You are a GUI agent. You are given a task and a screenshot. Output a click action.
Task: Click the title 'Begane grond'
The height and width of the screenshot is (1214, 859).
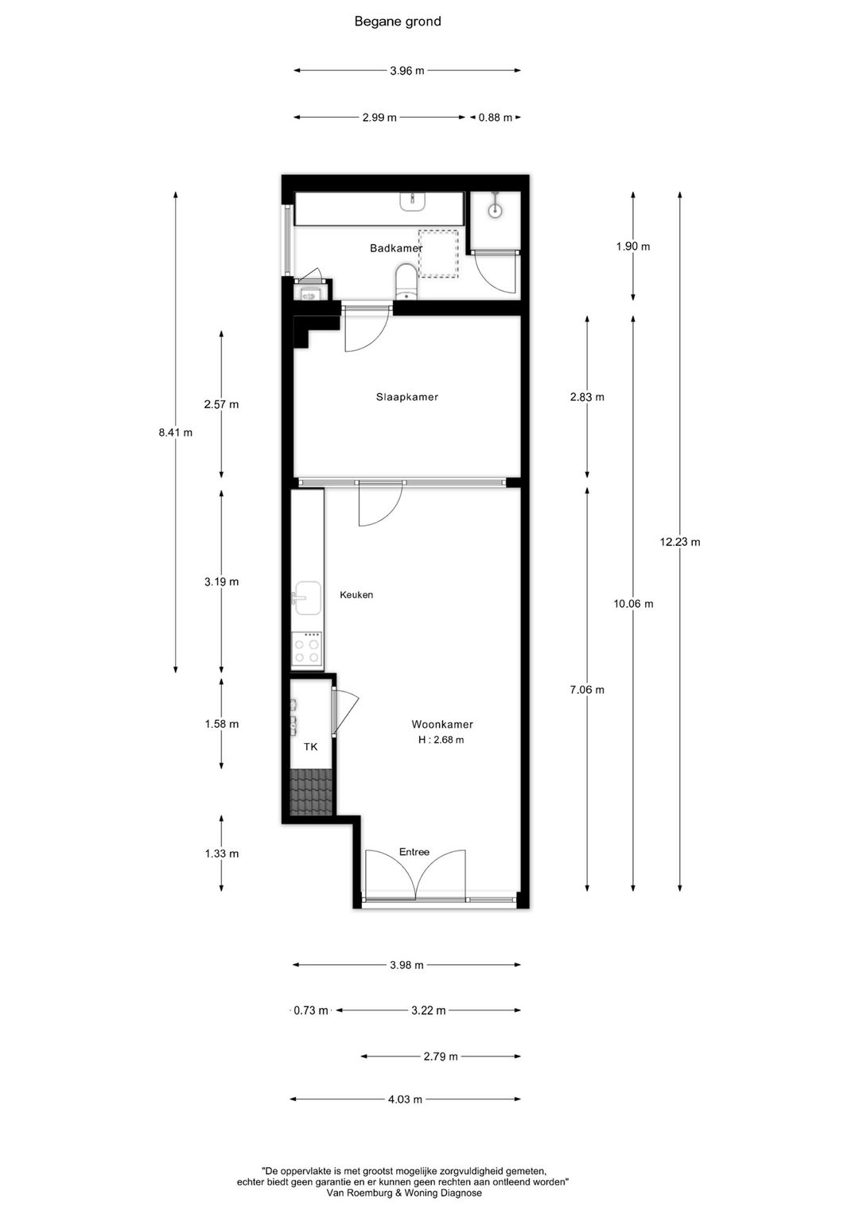click(x=398, y=21)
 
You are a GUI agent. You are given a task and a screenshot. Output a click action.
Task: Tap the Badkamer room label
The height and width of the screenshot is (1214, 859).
click(x=395, y=248)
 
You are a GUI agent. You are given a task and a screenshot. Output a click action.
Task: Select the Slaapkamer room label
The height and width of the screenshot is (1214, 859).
click(x=406, y=397)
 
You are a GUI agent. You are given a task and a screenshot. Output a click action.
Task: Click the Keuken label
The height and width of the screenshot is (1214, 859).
click(x=356, y=595)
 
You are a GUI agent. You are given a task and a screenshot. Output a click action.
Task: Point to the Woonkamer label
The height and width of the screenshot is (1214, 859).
click(x=441, y=725)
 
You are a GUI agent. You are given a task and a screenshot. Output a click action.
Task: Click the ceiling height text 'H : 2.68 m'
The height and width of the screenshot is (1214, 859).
click(x=441, y=740)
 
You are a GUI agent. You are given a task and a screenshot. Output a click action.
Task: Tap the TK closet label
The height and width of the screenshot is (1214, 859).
click(x=310, y=747)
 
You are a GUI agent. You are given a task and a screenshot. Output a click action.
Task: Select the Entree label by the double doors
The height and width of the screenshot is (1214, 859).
click(x=414, y=852)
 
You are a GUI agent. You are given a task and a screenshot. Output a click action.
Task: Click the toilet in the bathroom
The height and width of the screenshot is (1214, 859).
click(x=406, y=282)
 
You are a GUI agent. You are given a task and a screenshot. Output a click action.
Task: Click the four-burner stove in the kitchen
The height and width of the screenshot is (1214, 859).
click(x=307, y=648)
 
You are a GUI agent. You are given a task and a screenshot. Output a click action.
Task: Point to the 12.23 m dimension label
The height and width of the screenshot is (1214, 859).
click(x=680, y=543)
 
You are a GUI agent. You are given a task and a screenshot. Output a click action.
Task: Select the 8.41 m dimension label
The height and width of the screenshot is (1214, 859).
click(x=176, y=433)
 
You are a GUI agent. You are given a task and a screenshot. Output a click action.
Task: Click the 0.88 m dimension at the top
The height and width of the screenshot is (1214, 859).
click(x=495, y=118)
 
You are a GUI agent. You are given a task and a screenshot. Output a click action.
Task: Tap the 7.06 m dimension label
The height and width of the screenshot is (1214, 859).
click(x=587, y=690)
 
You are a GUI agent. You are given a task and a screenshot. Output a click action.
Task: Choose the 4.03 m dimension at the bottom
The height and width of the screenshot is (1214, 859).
click(x=405, y=1099)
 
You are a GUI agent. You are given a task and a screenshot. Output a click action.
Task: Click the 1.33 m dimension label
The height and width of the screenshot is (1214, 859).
click(x=221, y=854)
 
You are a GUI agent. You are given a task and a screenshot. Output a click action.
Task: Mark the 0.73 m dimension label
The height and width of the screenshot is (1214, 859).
click(x=311, y=1010)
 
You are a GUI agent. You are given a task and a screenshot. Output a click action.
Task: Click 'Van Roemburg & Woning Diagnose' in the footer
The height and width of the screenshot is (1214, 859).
click(x=404, y=1193)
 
